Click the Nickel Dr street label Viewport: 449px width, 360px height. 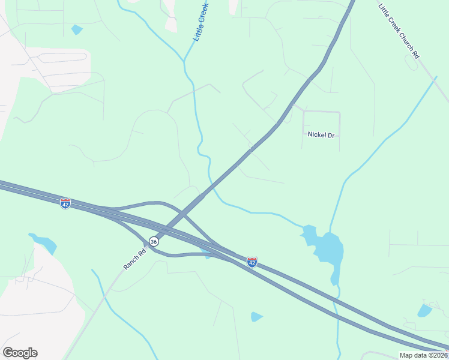click(x=321, y=135)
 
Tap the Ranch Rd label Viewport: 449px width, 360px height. click(x=134, y=260)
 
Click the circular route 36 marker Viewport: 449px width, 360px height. click(x=154, y=241)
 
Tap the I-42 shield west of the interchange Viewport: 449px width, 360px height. click(x=65, y=203)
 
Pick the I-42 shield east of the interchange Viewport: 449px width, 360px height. click(x=252, y=262)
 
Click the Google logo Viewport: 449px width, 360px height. click(x=20, y=353)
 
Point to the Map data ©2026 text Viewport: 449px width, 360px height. click(x=424, y=355)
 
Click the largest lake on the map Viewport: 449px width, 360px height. click(x=327, y=247)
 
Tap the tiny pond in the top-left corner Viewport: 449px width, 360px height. click(x=76, y=29)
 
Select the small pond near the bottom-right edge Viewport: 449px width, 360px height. click(x=425, y=310)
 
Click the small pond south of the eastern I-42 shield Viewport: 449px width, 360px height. click(x=256, y=316)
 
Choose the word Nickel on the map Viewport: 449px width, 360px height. click(x=316, y=135)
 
